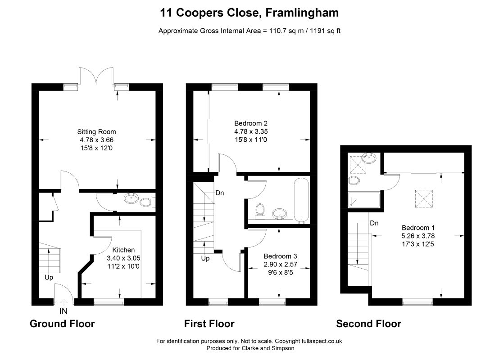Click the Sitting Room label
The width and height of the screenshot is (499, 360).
[96, 132]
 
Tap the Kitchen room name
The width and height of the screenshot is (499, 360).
[123, 250]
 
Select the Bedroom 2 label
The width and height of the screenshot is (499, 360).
[251, 123]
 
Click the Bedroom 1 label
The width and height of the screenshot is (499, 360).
[418, 228]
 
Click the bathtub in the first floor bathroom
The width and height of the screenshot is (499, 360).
[301, 200]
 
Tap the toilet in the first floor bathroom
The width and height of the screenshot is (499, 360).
[260, 211]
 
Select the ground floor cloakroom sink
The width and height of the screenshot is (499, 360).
[132, 199]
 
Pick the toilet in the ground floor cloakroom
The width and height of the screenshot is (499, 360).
[147, 202]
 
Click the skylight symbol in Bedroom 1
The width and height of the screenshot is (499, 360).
[424, 199]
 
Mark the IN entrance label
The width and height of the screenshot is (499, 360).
[64, 311]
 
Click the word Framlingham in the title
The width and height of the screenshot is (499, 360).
[302, 13]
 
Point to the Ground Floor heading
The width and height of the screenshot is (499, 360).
[62, 324]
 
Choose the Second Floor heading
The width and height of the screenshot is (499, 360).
[368, 324]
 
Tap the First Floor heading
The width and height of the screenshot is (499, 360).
[209, 324]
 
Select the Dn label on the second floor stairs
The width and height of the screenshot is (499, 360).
[374, 223]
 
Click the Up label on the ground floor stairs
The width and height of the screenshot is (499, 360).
[49, 277]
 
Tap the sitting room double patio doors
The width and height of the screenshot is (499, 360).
[96, 76]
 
